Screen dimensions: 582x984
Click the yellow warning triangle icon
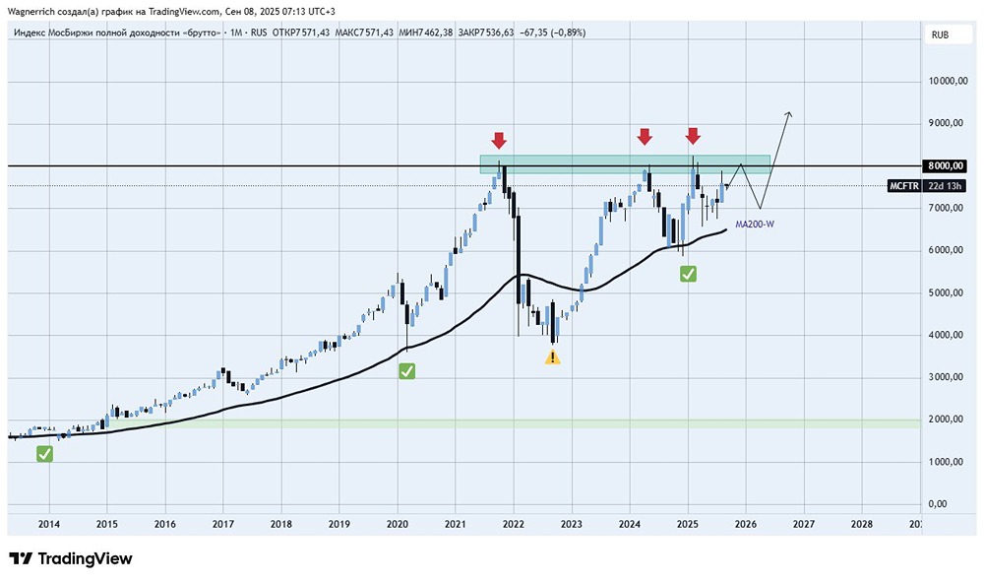tap(553, 356)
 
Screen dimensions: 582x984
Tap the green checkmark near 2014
tap(44, 453)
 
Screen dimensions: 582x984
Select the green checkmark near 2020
tap(405, 371)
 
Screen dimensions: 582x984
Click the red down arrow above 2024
tap(645, 136)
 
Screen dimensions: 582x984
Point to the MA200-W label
tap(755, 225)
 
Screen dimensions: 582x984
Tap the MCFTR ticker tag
tap(903, 185)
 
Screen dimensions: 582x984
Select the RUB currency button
tap(940, 34)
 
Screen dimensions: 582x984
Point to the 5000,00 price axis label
tap(946, 293)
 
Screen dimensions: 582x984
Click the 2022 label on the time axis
tap(513, 524)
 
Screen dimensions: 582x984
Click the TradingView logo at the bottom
tap(71, 558)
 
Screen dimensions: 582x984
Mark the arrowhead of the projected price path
tap(788, 115)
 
